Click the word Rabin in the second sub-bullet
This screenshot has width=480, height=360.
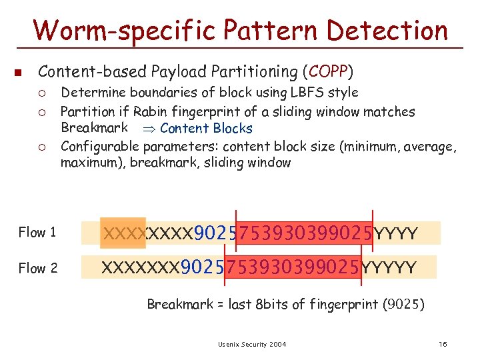tap(149, 111)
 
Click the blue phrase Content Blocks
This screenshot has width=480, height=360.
tap(206, 129)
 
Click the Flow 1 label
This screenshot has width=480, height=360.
tap(37, 233)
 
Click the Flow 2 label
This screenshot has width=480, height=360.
tap(37, 268)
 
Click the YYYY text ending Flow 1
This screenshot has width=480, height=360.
tap(396, 234)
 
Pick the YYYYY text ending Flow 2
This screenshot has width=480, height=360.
tap(390, 268)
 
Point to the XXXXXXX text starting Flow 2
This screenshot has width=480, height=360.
tap(140, 268)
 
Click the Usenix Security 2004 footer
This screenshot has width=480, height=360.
tap(251, 344)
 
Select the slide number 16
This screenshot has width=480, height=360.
tap(443, 344)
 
